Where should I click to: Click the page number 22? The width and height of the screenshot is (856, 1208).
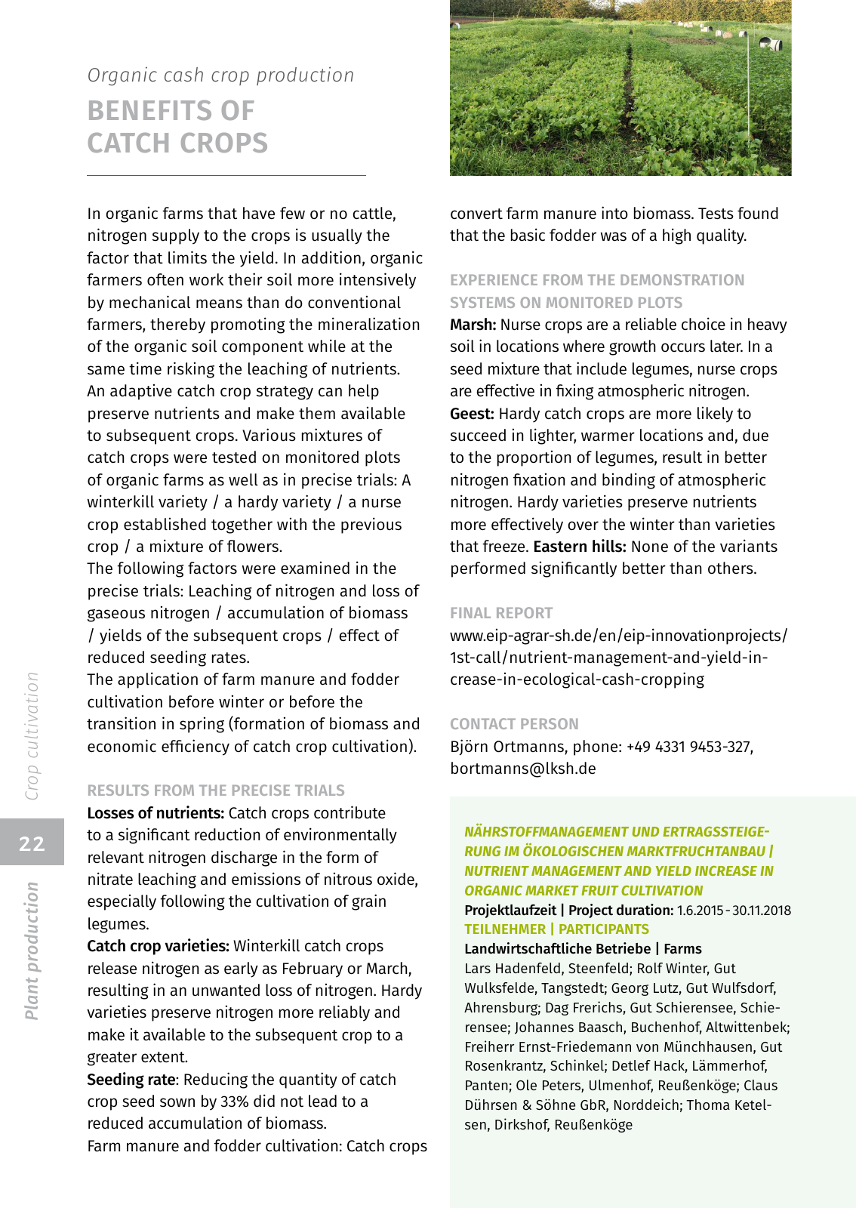[32, 843]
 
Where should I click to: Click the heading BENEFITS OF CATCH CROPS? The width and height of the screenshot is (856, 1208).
[177, 127]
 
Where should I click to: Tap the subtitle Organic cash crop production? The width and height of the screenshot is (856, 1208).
[220, 75]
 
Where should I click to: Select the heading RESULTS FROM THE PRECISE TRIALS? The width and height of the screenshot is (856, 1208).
[216, 790]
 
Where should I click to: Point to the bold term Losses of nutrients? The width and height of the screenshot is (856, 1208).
[155, 813]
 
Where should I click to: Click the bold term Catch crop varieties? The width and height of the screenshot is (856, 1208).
[158, 946]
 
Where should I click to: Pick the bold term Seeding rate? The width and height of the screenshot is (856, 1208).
[131, 1080]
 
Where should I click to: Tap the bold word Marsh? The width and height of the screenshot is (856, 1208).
[473, 325]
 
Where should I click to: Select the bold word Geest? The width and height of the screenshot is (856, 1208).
[472, 414]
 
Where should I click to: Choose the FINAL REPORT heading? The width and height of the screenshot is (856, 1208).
[501, 613]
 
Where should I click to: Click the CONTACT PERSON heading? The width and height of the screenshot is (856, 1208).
[514, 724]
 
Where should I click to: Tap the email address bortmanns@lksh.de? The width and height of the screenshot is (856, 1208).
[523, 769]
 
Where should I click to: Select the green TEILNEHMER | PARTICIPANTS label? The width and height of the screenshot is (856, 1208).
[556, 929]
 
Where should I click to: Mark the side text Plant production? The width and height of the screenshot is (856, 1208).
[32, 951]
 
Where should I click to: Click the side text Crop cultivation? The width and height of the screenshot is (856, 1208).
[32, 736]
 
